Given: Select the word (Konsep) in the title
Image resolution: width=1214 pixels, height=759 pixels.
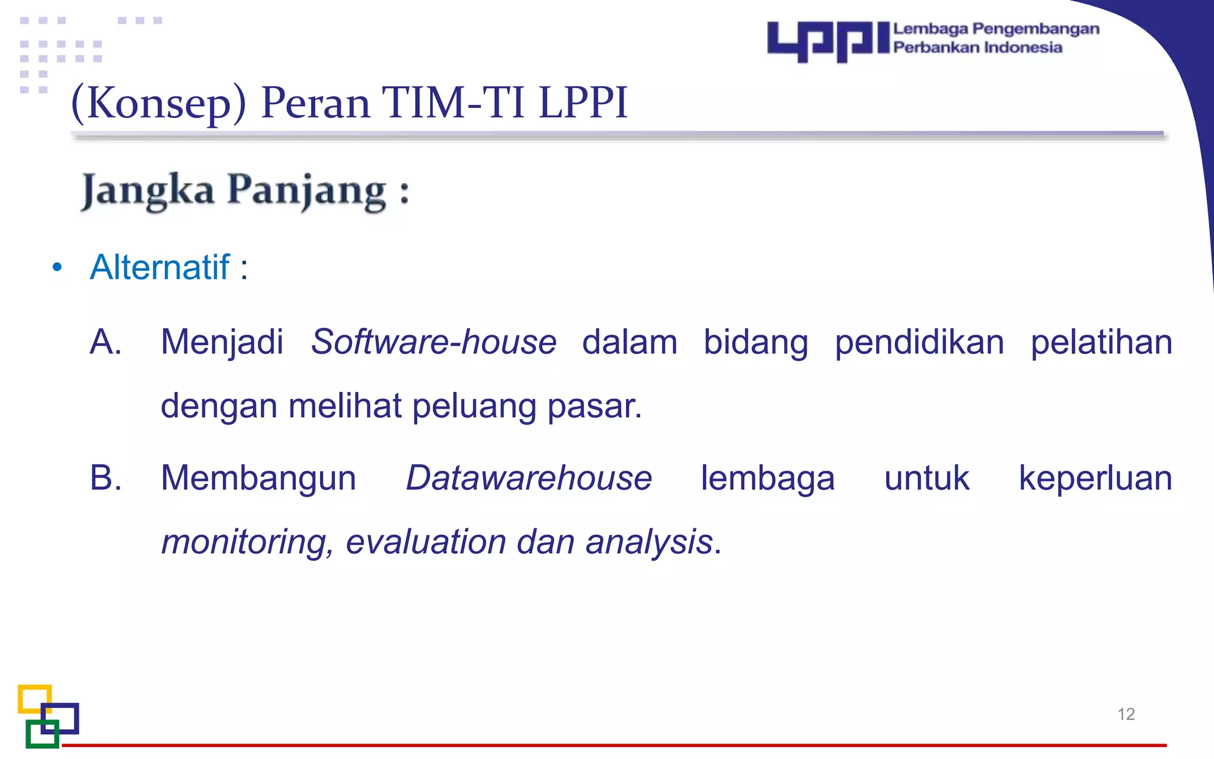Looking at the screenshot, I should point(158,103).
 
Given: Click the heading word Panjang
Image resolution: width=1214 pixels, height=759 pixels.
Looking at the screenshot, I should point(307,191).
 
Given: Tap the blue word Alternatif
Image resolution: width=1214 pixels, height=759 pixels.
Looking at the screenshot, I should point(159,267).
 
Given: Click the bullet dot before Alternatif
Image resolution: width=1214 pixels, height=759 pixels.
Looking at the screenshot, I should point(57,267).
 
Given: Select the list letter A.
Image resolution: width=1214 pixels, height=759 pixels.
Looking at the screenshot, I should point(105,342).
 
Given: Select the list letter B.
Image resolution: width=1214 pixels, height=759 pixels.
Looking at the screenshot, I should point(105,478).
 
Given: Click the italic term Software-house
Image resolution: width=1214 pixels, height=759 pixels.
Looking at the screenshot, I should point(433,342).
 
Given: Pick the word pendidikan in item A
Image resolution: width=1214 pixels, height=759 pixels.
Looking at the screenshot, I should point(919,343).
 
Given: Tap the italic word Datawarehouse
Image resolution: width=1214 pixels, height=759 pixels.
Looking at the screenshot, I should point(528,478).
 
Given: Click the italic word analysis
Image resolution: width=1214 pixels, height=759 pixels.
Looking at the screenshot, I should point(648,542).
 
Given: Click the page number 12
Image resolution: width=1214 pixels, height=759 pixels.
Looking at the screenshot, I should point(1126,714).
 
